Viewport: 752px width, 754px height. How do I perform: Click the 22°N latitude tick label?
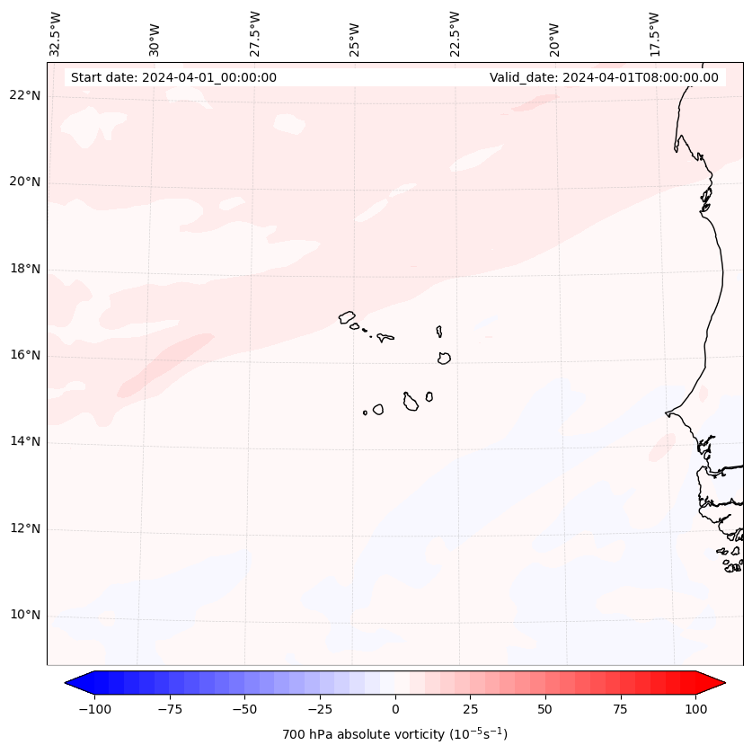click(x=24, y=95)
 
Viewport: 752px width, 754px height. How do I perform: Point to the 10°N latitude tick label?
click(x=24, y=616)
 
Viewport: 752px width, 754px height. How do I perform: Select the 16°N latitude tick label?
click(x=24, y=355)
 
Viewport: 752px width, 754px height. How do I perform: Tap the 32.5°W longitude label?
click(x=56, y=33)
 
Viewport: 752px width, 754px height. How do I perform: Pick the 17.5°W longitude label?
click(x=654, y=33)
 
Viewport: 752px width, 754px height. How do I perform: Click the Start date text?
click(x=173, y=77)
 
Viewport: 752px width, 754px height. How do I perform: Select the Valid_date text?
click(x=604, y=77)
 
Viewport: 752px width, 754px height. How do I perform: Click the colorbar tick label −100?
click(x=94, y=709)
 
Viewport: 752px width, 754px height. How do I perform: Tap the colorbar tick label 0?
click(x=395, y=709)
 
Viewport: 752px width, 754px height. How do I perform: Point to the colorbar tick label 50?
click(x=545, y=709)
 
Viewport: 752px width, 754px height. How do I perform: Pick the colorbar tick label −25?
click(x=320, y=709)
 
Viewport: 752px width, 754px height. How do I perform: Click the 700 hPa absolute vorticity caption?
click(x=395, y=734)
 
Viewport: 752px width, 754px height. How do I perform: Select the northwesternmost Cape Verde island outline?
click(x=347, y=316)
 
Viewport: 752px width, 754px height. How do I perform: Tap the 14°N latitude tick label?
click(x=24, y=442)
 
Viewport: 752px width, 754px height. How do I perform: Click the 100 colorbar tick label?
click(x=695, y=709)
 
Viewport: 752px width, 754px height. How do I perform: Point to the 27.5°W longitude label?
click(x=255, y=33)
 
